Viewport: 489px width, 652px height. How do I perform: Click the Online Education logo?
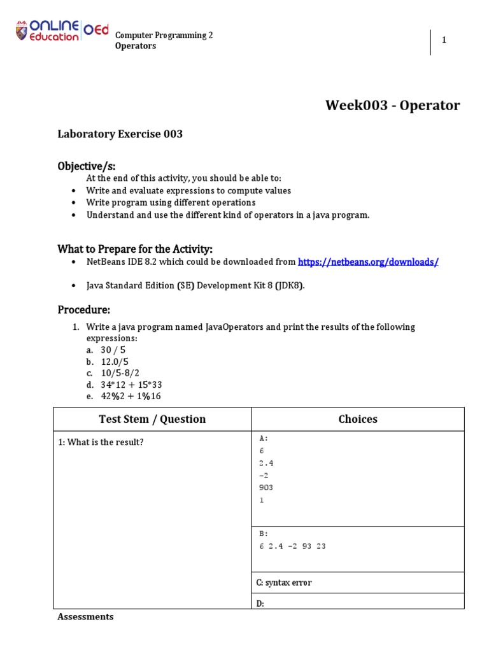(x=61, y=32)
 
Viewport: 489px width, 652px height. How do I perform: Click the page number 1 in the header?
(x=444, y=40)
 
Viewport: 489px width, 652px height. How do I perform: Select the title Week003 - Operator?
(x=392, y=105)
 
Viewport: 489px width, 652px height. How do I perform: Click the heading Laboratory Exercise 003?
(x=120, y=134)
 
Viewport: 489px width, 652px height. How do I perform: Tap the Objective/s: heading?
(x=87, y=166)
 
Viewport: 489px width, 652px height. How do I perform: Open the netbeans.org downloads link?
(x=368, y=262)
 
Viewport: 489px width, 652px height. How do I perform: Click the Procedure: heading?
(x=84, y=310)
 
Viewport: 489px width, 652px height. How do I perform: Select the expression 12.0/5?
(x=115, y=362)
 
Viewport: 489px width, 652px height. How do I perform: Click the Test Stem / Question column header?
(x=152, y=419)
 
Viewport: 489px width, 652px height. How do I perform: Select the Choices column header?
(x=358, y=419)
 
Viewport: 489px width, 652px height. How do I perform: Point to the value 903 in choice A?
(x=266, y=487)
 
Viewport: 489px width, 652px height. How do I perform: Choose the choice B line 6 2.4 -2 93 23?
(x=292, y=546)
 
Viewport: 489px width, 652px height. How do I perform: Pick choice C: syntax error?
(x=284, y=583)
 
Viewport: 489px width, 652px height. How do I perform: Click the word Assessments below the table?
(x=85, y=616)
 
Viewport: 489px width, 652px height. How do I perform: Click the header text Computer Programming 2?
(x=164, y=36)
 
